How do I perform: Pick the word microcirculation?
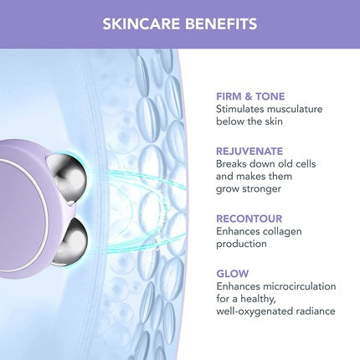[x=303, y=286]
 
